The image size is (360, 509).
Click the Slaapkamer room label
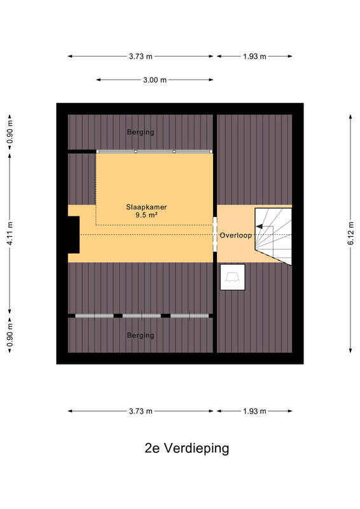click(x=146, y=207)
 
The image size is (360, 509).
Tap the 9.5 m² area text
click(x=146, y=215)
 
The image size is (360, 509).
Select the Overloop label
click(x=236, y=235)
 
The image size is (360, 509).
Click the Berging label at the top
click(x=141, y=132)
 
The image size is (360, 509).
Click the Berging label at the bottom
click(x=141, y=335)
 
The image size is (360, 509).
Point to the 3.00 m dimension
click(x=155, y=80)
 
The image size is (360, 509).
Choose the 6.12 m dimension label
click(x=351, y=234)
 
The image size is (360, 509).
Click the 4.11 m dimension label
click(x=10, y=234)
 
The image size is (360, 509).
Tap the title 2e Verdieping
click(x=187, y=449)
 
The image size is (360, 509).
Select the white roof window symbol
click(x=233, y=277)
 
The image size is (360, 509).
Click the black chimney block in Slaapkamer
click(x=74, y=235)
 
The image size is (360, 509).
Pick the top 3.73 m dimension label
click(x=141, y=57)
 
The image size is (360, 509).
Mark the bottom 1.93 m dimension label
click(x=254, y=411)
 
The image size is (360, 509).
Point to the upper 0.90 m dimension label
click(x=10, y=132)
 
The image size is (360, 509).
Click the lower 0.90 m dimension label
click(x=10, y=335)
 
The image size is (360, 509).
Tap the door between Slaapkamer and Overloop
click(x=215, y=234)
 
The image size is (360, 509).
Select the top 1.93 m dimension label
click(x=254, y=57)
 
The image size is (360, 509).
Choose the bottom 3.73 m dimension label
click(x=141, y=411)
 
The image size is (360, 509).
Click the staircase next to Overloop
click(x=273, y=236)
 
